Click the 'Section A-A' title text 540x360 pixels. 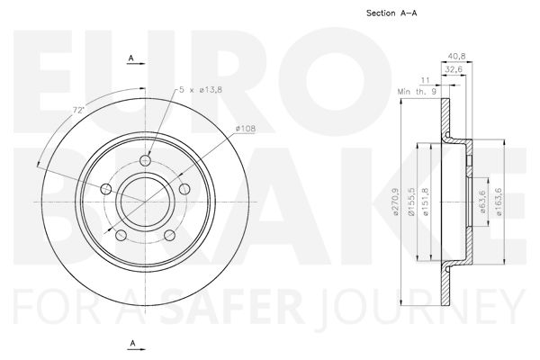[x=391, y=13]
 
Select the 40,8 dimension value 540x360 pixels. [x=456, y=56]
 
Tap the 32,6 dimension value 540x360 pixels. [x=454, y=69]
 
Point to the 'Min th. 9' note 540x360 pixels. [x=417, y=92]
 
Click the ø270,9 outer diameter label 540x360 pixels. [x=395, y=202]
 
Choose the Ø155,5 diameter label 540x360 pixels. [x=412, y=202]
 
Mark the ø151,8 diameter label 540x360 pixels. [x=426, y=202]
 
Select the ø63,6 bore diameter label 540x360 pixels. [x=482, y=202]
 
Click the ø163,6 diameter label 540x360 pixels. [x=499, y=202]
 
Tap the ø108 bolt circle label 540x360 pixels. [x=245, y=129]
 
